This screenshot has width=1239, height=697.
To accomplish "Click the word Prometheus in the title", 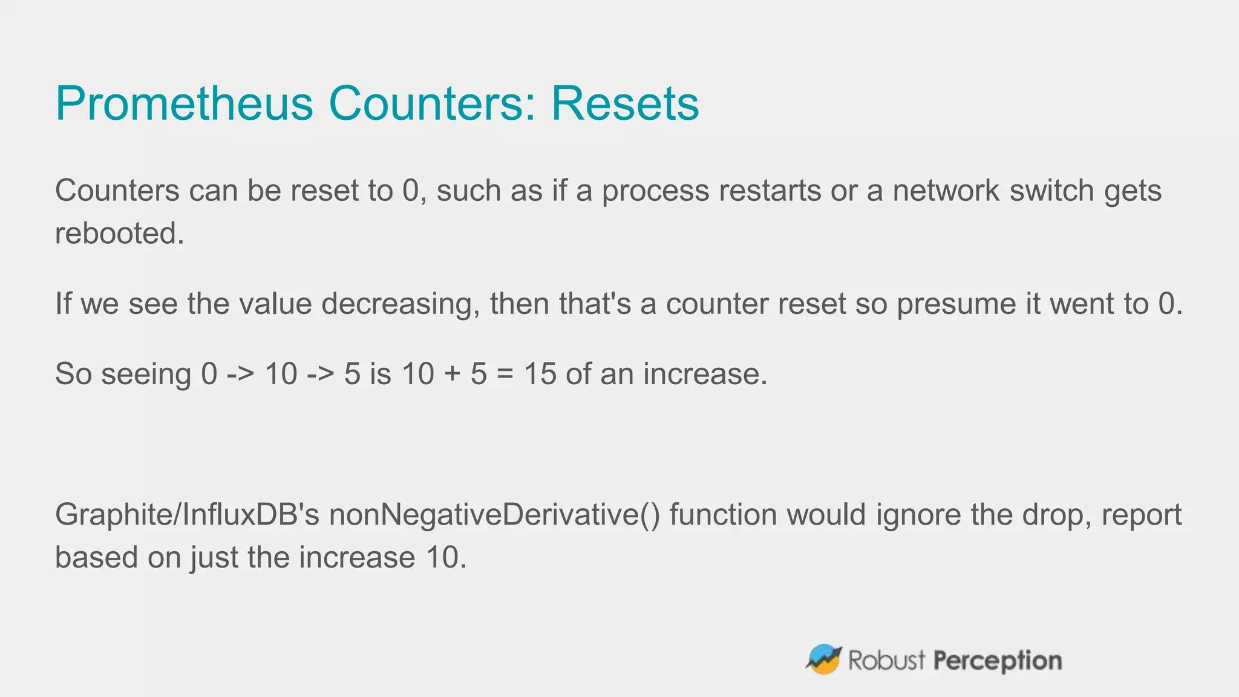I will [x=184, y=103].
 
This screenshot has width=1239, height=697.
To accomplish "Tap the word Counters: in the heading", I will [x=432, y=103].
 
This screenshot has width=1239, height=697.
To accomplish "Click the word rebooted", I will [x=119, y=234].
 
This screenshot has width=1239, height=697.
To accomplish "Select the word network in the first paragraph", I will [x=946, y=191].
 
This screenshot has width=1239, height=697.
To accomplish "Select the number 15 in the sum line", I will [x=540, y=374].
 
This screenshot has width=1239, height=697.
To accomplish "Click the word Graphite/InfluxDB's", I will [x=187, y=515].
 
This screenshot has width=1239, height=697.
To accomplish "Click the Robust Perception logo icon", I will [x=823, y=659].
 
